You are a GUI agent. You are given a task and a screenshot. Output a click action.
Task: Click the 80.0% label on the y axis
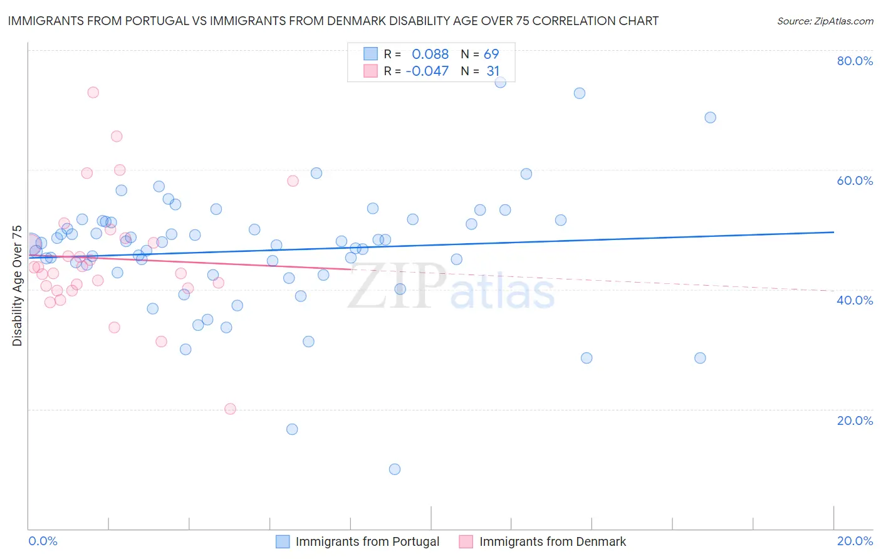(x=855, y=61)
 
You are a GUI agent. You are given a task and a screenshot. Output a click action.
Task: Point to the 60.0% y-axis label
(x=855, y=180)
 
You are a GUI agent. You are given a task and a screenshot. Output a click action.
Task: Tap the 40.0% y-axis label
(x=855, y=300)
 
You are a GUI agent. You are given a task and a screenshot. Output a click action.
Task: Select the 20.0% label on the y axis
(x=855, y=421)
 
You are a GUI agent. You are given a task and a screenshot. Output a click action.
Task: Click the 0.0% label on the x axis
(x=43, y=541)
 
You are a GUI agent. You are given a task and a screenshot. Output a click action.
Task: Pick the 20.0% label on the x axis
(x=855, y=541)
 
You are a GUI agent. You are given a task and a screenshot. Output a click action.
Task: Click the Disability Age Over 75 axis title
(x=17, y=285)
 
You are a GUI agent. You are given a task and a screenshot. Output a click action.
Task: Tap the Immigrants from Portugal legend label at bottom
(x=367, y=541)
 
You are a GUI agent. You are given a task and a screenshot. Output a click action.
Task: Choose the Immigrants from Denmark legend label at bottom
(x=553, y=541)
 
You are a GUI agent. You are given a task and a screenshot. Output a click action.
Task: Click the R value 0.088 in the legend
(x=430, y=55)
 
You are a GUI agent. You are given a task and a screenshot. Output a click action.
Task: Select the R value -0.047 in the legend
(x=427, y=71)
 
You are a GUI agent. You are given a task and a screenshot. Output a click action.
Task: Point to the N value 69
(x=491, y=55)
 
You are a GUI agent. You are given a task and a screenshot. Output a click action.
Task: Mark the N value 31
(x=493, y=71)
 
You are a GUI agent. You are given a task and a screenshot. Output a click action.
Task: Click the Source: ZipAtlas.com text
(x=825, y=21)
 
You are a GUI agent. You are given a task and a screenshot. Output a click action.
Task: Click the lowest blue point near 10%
(x=395, y=469)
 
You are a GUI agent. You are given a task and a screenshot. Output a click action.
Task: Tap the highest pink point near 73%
(x=93, y=92)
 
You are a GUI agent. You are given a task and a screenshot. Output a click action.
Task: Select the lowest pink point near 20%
(x=230, y=409)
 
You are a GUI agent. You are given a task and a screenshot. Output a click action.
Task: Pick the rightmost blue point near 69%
(x=710, y=117)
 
